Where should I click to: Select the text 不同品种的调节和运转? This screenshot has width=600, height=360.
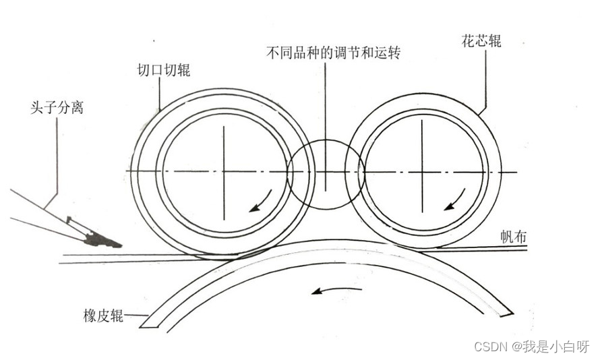(x=334, y=53)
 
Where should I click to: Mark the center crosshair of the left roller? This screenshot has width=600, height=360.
(x=224, y=171)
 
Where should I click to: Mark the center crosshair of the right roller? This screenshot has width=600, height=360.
(x=423, y=172)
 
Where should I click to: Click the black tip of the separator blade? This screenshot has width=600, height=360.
(x=104, y=239)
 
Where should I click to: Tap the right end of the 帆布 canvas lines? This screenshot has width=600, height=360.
(x=524, y=248)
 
